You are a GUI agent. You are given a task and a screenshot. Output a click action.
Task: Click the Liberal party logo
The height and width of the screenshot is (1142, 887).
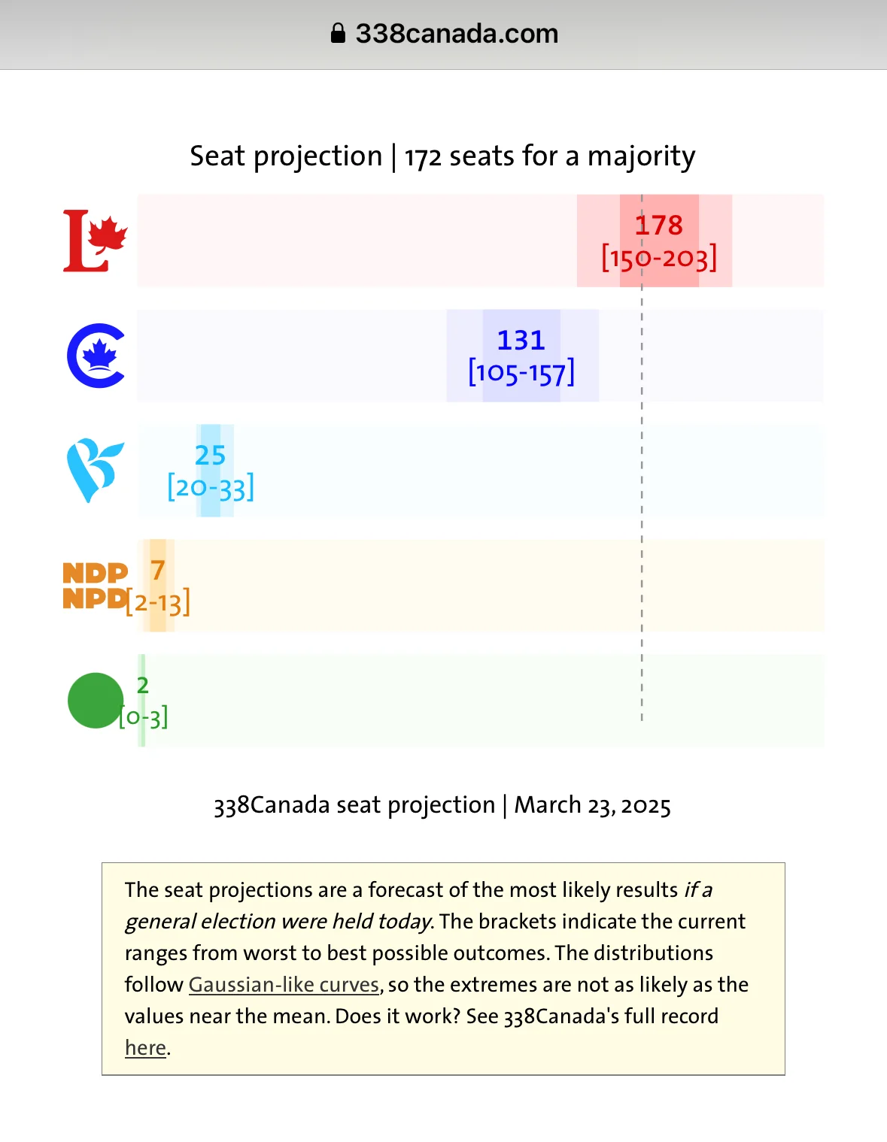click(95, 241)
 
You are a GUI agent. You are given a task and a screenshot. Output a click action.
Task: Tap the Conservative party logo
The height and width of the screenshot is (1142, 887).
click(96, 356)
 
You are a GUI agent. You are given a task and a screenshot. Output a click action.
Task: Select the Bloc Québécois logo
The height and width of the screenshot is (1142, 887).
click(95, 470)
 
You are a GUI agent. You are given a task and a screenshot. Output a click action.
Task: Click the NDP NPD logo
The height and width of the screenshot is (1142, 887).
click(95, 586)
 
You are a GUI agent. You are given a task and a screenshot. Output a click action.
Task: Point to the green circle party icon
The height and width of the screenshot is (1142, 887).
click(95, 701)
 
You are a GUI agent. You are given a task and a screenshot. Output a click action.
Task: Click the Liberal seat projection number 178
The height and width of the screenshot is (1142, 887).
click(659, 225)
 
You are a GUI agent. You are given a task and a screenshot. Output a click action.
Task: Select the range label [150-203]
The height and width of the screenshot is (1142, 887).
click(659, 259)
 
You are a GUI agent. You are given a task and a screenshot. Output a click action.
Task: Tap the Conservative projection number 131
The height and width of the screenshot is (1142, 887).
click(521, 340)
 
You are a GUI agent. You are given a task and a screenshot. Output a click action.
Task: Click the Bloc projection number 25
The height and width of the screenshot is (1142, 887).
click(210, 455)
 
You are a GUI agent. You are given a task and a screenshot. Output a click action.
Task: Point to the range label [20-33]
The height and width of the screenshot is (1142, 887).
click(211, 488)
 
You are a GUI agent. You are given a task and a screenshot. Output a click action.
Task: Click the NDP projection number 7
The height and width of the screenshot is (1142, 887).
click(157, 570)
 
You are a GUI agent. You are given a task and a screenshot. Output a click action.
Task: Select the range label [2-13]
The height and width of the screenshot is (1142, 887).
click(158, 603)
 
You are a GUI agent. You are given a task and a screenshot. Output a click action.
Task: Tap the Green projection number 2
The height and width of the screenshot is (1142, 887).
click(143, 685)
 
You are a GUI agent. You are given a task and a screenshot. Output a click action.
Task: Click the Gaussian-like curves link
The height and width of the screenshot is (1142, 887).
click(284, 985)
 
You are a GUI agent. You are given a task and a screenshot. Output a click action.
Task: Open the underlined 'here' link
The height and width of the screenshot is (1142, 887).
click(145, 1048)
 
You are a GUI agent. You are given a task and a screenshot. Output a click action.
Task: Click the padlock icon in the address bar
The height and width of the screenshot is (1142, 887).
click(338, 34)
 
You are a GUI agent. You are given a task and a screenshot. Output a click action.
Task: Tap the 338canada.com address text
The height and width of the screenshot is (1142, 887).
click(457, 34)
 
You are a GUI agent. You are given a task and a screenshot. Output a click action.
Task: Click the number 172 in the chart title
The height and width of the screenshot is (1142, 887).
click(423, 157)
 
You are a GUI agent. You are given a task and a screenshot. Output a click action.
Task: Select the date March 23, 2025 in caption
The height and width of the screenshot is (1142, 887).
click(592, 805)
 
